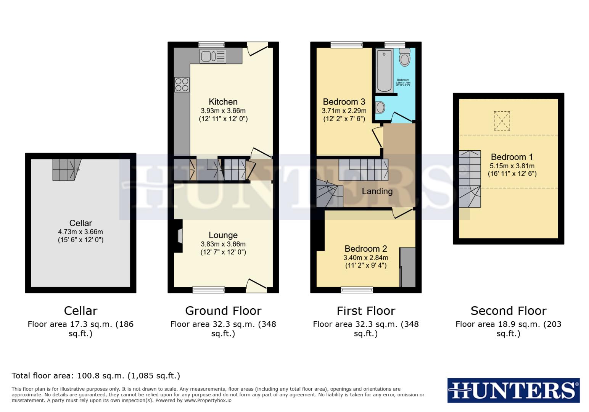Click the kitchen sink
click(x=213, y=56)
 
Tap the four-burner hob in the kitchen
click(x=182, y=85)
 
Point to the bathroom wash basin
click(x=380, y=107)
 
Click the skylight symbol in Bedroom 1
click(x=502, y=121)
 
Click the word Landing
click(x=377, y=192)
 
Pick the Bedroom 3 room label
click(x=344, y=102)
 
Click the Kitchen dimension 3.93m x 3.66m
click(x=223, y=111)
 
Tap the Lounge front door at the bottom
click(x=256, y=286)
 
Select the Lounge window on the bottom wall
click(x=209, y=290)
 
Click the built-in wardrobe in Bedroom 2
click(x=407, y=267)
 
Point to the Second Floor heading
click(x=508, y=311)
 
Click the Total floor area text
click(x=96, y=376)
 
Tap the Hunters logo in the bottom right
click(x=513, y=391)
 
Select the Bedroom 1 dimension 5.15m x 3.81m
click(x=512, y=166)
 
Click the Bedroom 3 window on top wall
click(x=346, y=45)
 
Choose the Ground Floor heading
click(x=223, y=311)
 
